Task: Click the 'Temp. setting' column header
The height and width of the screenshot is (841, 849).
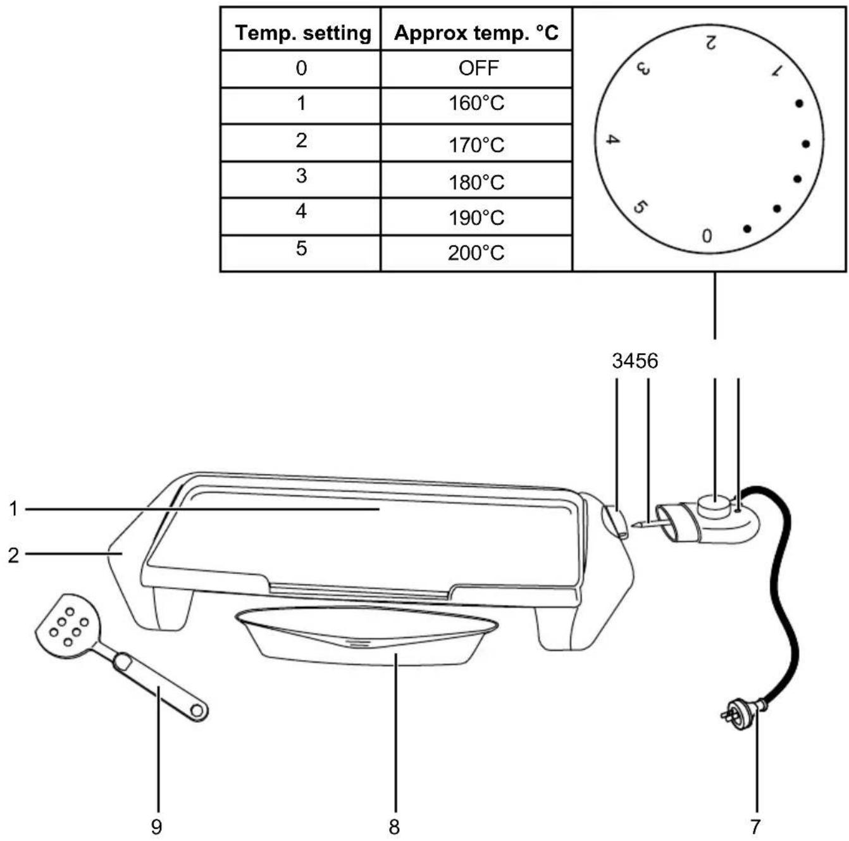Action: click(x=303, y=33)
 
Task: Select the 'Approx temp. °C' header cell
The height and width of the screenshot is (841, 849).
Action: click(x=476, y=33)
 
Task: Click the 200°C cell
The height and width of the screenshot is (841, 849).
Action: click(x=476, y=253)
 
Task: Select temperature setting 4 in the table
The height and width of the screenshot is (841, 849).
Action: click(x=301, y=211)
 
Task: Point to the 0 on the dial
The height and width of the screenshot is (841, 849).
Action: click(x=707, y=236)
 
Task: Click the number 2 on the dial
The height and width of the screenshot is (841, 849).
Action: click(x=710, y=43)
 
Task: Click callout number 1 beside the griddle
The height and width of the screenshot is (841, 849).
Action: click(x=14, y=509)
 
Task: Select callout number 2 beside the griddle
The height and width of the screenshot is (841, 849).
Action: click(x=14, y=556)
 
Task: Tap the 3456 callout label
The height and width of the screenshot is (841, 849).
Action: click(x=635, y=361)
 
